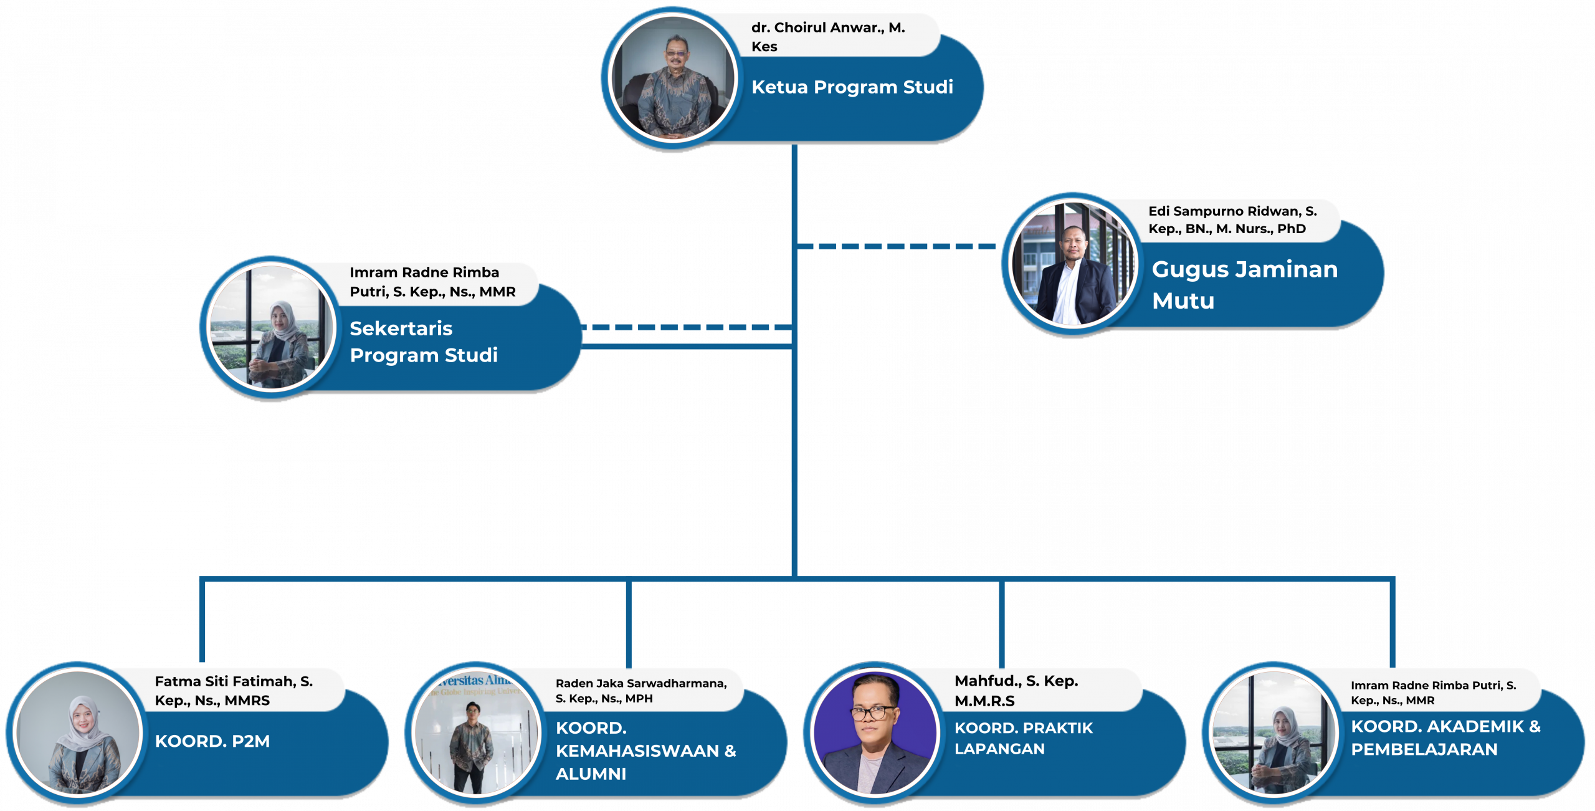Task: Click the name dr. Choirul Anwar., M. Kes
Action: [827, 36]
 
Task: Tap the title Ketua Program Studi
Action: [852, 87]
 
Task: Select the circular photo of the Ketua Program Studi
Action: [673, 79]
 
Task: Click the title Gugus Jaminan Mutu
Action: [1244, 284]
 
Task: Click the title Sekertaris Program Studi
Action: [423, 342]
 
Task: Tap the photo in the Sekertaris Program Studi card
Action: [271, 327]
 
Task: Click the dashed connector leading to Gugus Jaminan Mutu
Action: [897, 246]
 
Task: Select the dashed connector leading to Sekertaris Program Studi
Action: [685, 327]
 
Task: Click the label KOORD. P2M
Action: [212, 741]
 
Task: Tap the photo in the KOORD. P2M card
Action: [79, 733]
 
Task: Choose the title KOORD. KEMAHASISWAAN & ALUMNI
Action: [645, 751]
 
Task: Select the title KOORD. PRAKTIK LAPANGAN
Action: [1023, 738]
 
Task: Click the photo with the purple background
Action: [875, 733]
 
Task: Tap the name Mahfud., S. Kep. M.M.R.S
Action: [1016, 690]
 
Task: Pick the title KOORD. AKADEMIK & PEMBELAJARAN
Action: [1445, 737]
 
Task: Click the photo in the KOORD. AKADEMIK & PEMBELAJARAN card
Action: [1274, 733]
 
